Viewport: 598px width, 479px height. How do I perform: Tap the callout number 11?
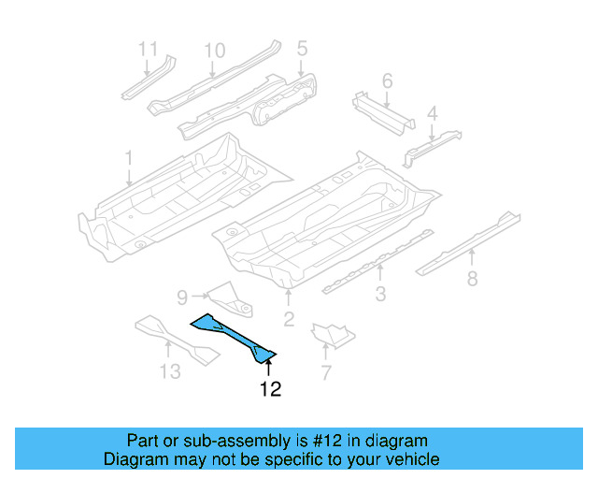tap(149, 49)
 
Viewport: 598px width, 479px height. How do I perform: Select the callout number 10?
tap(215, 50)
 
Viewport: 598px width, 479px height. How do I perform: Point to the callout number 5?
tap(302, 48)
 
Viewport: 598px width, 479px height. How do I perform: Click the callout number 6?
tap(387, 81)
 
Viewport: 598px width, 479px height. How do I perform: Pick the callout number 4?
tap(432, 115)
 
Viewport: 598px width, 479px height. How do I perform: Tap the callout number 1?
tap(129, 158)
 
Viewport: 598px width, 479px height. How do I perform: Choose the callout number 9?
tap(183, 298)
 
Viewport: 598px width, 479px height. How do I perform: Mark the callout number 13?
tap(169, 372)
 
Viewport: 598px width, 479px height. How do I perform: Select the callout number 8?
tap(473, 278)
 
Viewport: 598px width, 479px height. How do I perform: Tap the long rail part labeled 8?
tap(467, 239)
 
